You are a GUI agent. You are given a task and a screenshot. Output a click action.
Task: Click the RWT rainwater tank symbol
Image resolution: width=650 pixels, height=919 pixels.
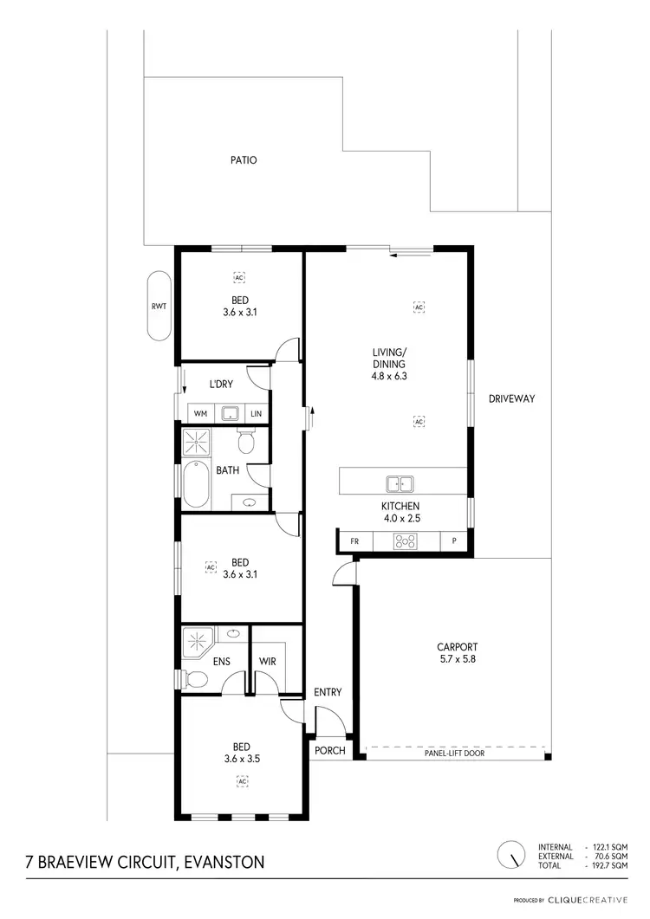click(x=159, y=305)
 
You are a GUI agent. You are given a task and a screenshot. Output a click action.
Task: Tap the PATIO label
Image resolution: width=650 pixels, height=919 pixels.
click(x=244, y=160)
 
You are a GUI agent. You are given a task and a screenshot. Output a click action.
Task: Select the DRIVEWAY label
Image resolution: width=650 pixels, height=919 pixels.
click(x=511, y=399)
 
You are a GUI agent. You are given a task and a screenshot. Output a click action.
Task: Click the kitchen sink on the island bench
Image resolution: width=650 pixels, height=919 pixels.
click(x=400, y=483)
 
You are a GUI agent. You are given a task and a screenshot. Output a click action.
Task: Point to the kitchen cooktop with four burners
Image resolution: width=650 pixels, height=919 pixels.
click(x=405, y=541)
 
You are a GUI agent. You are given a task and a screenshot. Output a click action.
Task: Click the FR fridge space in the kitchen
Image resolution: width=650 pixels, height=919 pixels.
click(x=354, y=541)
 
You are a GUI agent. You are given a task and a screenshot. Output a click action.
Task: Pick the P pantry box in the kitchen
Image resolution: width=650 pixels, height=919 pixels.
click(x=453, y=541)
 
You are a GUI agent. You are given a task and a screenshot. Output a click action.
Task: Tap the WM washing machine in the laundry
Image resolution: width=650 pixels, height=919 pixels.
click(x=200, y=414)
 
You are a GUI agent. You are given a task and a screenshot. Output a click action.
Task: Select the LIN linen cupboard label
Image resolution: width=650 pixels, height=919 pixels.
click(x=257, y=414)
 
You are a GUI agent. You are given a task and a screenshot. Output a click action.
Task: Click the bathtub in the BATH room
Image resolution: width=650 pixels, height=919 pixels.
click(x=195, y=485)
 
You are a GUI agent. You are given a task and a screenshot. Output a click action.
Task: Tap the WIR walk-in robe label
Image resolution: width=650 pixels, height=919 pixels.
click(x=268, y=662)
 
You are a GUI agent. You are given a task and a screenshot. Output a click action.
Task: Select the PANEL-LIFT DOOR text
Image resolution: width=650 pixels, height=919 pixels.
click(x=454, y=754)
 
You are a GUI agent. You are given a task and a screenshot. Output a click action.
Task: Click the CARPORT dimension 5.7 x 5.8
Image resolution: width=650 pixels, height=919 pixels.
click(x=458, y=659)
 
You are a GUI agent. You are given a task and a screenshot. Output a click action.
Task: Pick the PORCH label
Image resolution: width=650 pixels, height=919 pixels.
click(x=329, y=751)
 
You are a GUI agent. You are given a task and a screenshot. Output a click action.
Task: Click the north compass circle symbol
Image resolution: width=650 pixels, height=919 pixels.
click(x=511, y=855)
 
